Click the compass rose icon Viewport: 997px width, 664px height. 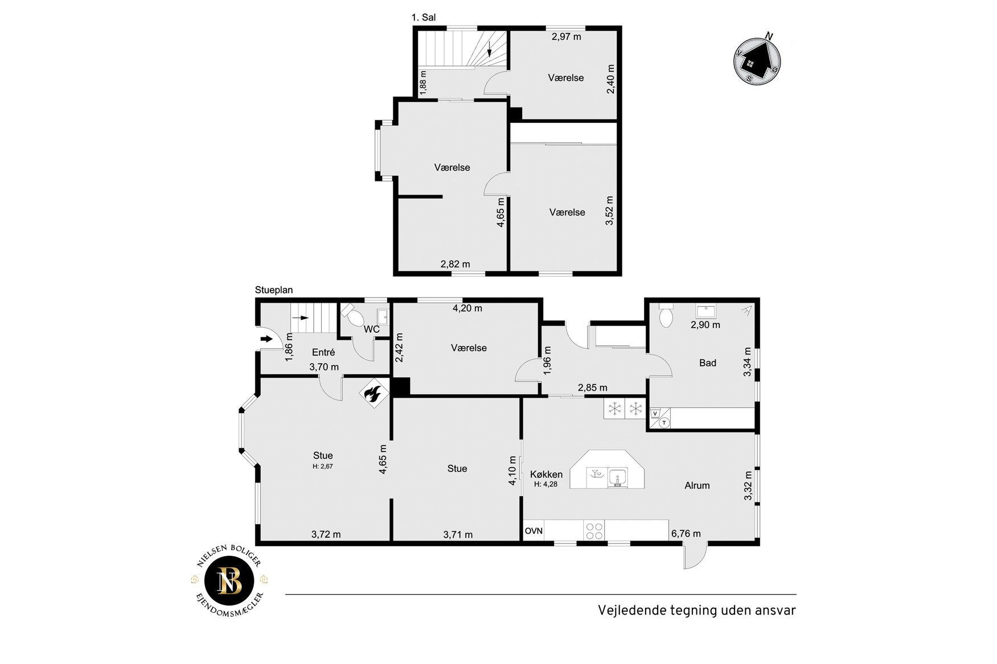(x=757, y=60)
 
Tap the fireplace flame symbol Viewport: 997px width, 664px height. (x=372, y=393)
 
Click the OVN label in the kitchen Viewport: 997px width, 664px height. (x=534, y=531)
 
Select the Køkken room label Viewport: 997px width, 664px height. (x=546, y=475)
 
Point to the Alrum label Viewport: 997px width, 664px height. (x=697, y=485)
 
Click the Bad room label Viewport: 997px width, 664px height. (x=708, y=363)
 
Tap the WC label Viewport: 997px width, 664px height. (x=372, y=329)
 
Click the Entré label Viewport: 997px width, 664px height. (x=323, y=352)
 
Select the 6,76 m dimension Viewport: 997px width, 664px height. (x=686, y=534)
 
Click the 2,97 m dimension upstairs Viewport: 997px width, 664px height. (x=567, y=37)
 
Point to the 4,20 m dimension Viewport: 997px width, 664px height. (x=467, y=308)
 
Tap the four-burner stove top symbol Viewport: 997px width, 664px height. (x=594, y=531)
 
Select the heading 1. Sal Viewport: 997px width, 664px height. (x=424, y=18)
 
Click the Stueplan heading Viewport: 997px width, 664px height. (x=274, y=290)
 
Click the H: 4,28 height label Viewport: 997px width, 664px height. (x=545, y=485)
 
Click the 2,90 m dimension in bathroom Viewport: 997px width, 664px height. (x=705, y=325)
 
